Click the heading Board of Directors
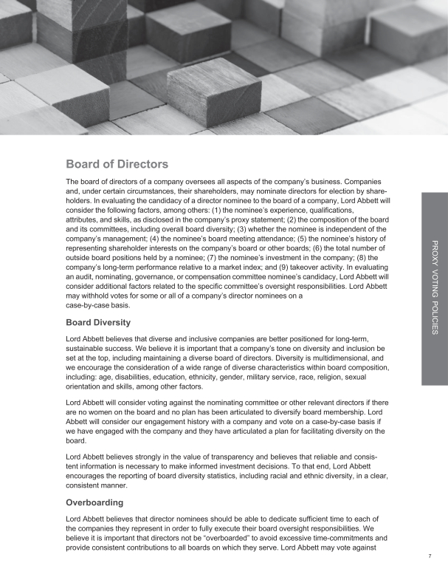pyautogui.click(x=117, y=163)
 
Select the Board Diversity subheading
pyautogui.click(x=99, y=322)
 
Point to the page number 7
pyautogui.click(x=430, y=555)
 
